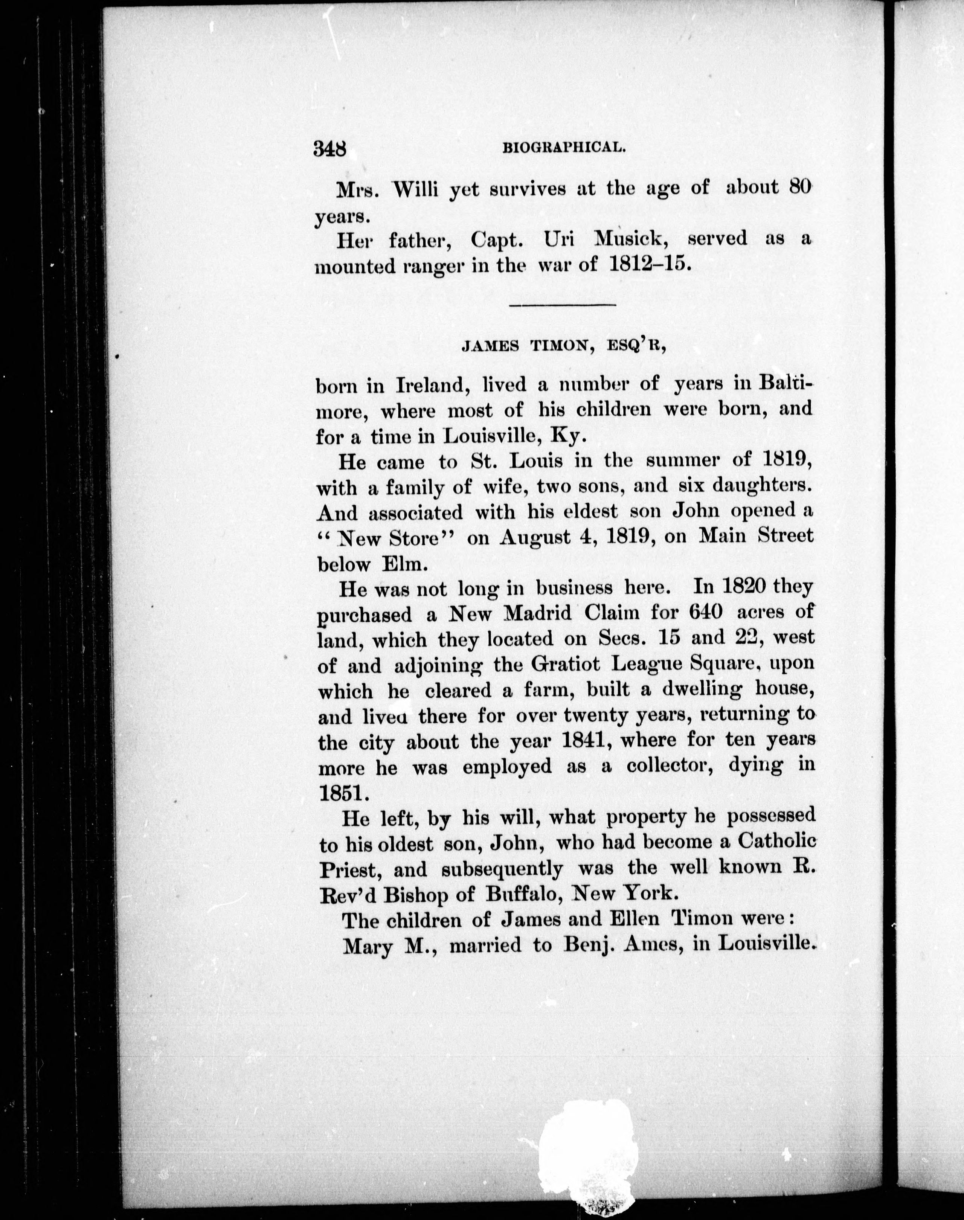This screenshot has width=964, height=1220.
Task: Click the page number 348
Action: point(332,149)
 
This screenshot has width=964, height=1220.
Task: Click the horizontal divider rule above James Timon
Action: point(562,305)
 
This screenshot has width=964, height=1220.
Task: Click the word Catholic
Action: point(777,842)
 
